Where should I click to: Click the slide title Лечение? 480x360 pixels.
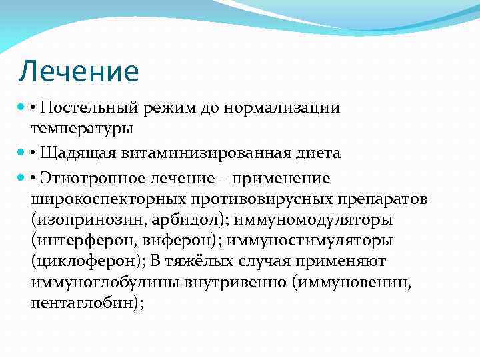(x=79, y=71)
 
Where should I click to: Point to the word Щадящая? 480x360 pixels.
(x=77, y=153)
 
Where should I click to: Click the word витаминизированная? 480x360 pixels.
(x=204, y=153)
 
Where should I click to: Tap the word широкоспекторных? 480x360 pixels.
(x=109, y=199)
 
